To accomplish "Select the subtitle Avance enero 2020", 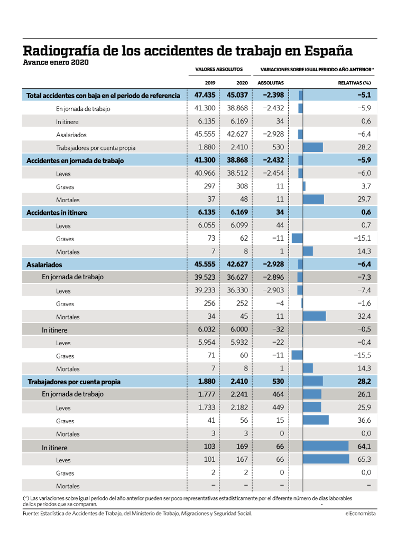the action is [56, 62].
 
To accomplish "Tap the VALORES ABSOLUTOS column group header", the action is [219, 70].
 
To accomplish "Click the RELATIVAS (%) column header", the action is [354, 83].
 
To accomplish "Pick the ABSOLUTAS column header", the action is [271, 83].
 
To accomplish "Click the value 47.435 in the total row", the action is [205, 95].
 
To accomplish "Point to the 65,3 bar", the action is [326, 459].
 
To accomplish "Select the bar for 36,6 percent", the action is [316, 420].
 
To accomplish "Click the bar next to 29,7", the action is [313, 199].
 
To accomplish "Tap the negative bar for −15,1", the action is [297, 238].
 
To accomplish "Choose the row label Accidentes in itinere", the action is [57, 213].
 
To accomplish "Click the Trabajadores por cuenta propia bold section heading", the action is [74, 382].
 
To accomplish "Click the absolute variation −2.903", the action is [273, 290].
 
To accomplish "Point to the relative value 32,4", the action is [364, 316].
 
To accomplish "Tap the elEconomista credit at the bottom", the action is [360, 514].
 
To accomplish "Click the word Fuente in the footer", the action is [31, 514].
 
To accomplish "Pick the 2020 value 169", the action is [242, 446].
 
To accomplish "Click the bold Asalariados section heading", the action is [44, 264].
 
